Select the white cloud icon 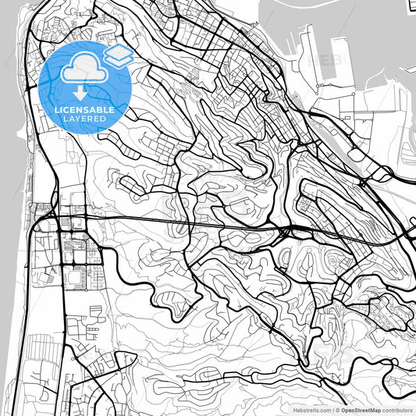coord(83,69)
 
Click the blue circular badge coord(86,86)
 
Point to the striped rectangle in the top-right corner coord(411,7)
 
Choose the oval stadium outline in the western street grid coord(77,275)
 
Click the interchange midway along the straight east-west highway coord(286,229)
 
